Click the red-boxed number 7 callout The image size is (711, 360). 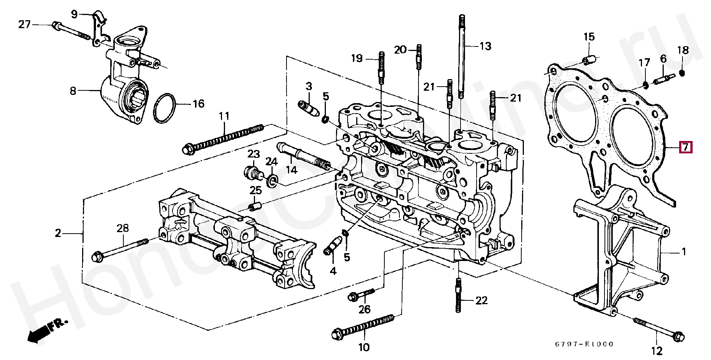click(686, 147)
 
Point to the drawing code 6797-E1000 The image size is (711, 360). click(584, 344)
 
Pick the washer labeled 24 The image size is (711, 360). click(272, 181)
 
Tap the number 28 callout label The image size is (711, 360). click(123, 228)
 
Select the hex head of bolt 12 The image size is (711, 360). click(678, 336)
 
